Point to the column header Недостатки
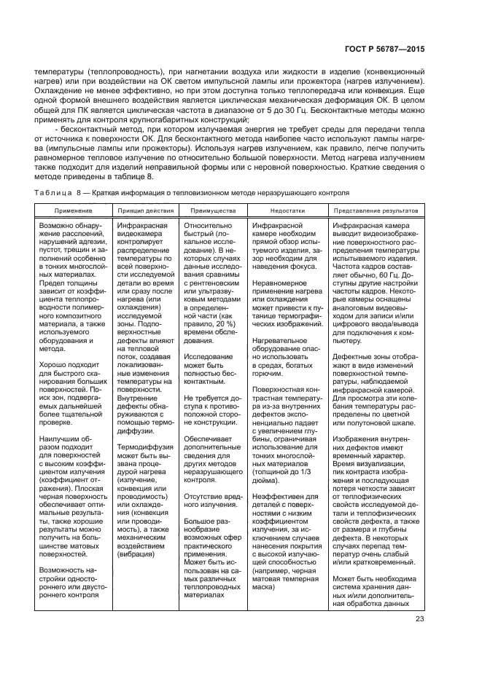coord(287,210)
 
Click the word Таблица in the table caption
coord(53,192)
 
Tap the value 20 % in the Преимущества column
coord(213,323)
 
